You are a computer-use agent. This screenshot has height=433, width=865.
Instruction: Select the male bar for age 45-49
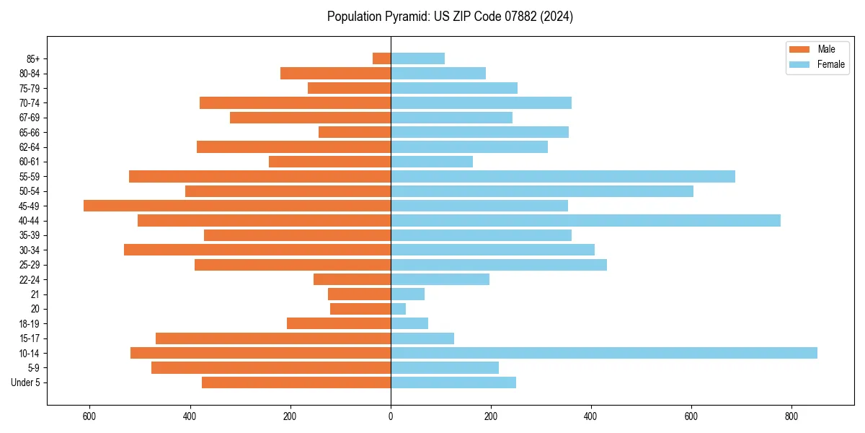click(x=237, y=206)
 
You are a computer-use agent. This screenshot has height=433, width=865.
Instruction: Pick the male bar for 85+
click(x=382, y=58)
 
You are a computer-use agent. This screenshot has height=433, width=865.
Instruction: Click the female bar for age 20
click(x=399, y=309)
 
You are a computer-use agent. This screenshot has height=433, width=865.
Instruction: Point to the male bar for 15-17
click(x=273, y=338)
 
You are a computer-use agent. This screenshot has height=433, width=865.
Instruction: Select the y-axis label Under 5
click(x=26, y=382)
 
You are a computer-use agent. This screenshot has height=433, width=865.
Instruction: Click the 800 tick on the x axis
click(x=791, y=416)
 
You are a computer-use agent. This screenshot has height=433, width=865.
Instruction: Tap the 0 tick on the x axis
click(x=391, y=416)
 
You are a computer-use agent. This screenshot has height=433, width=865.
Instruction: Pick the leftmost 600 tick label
click(x=90, y=416)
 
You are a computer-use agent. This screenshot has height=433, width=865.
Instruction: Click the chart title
click(x=450, y=17)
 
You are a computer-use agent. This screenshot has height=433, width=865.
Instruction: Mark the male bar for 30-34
click(x=257, y=250)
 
